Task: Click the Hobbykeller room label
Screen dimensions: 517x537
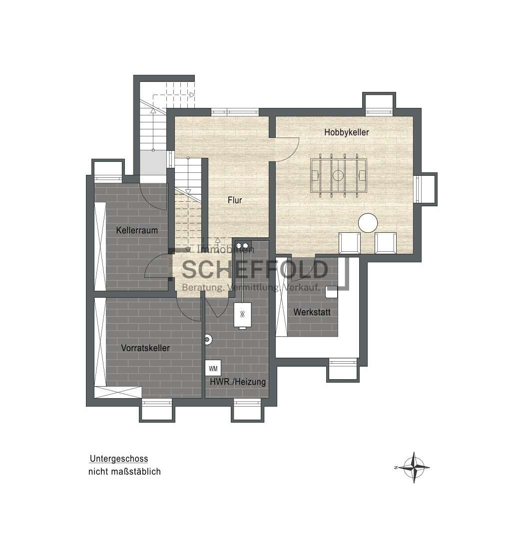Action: [347, 132]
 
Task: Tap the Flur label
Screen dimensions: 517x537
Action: [235, 200]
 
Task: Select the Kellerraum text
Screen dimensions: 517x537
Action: [137, 230]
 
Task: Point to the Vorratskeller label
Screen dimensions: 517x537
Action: [145, 348]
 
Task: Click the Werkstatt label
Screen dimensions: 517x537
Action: [312, 312]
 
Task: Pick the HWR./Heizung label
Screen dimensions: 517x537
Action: [238, 382]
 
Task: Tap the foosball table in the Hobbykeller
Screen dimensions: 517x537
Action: [338, 176]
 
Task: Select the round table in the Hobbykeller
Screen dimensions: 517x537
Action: [368, 223]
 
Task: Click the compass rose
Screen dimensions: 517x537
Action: [414, 468]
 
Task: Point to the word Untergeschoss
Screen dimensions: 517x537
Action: [119, 459]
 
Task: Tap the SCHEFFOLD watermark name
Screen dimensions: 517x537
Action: [255, 270]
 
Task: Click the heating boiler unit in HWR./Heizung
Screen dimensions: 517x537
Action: [242, 315]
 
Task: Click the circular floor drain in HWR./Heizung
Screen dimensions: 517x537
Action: [207, 339]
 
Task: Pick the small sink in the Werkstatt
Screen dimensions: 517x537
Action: [331, 292]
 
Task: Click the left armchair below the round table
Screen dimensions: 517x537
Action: [350, 243]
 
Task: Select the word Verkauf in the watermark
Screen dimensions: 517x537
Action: [302, 287]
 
